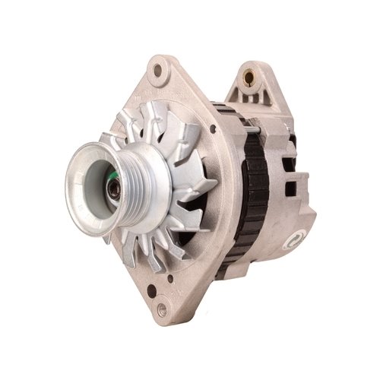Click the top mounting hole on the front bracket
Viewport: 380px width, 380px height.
click(157, 70)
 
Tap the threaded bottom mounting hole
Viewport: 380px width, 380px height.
click(163, 309)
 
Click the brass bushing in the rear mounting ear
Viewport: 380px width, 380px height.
click(249, 76)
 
